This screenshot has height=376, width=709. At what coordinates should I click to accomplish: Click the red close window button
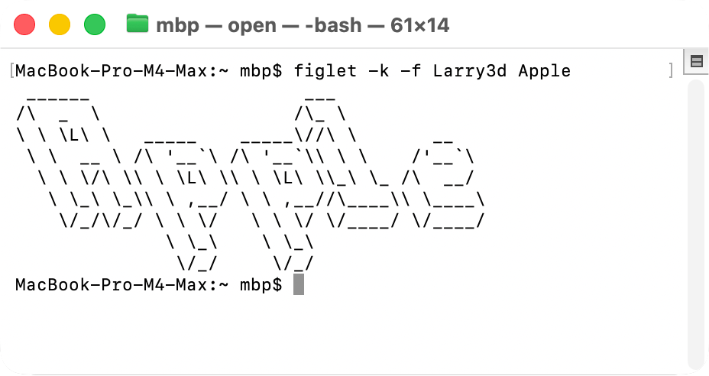25,24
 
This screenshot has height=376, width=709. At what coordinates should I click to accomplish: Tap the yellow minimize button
60,24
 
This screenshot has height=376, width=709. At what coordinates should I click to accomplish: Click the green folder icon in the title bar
138,24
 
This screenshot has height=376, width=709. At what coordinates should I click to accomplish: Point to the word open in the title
251,25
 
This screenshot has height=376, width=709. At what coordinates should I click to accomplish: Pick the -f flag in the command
411,71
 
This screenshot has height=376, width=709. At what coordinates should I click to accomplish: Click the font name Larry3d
469,71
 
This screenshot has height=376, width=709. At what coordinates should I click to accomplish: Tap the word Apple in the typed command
544,71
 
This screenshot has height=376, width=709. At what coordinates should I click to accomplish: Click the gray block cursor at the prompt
299,285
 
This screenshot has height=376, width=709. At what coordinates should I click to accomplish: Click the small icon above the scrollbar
696,62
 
